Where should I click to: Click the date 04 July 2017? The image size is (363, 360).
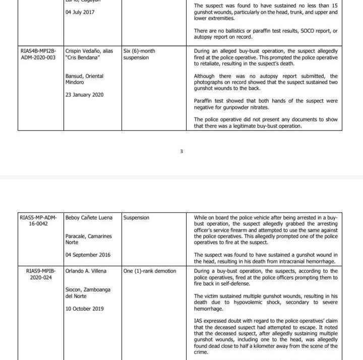point(81,13)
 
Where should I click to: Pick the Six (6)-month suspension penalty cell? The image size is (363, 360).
point(139,54)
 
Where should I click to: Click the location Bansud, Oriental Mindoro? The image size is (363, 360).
point(84,79)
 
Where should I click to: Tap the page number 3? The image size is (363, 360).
point(181,152)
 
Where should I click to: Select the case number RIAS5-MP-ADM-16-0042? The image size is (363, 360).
point(38,221)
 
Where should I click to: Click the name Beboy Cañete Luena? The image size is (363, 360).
point(90,218)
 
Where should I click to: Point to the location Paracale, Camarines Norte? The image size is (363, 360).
point(88,239)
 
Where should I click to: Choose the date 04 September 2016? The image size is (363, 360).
point(88,255)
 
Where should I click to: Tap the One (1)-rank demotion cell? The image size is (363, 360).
point(150,271)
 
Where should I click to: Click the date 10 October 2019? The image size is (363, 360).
point(85,309)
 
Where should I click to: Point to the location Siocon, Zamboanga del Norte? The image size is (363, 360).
point(88,293)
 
